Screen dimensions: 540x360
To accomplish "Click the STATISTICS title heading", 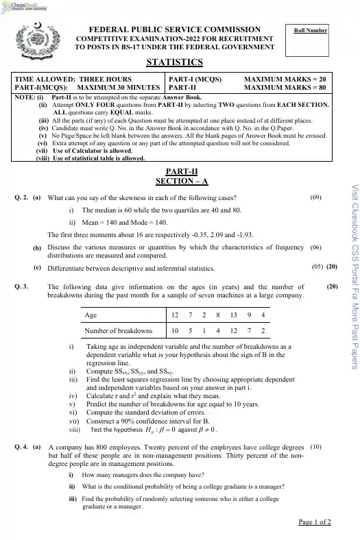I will (175, 62).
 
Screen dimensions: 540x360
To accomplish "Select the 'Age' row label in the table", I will (90, 315).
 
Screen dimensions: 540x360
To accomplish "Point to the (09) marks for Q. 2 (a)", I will (316, 197).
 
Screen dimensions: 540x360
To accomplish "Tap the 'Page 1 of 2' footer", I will (315, 522).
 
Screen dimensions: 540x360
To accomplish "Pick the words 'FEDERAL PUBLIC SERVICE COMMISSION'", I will (175, 30).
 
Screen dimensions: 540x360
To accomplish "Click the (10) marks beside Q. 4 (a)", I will (316, 447).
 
